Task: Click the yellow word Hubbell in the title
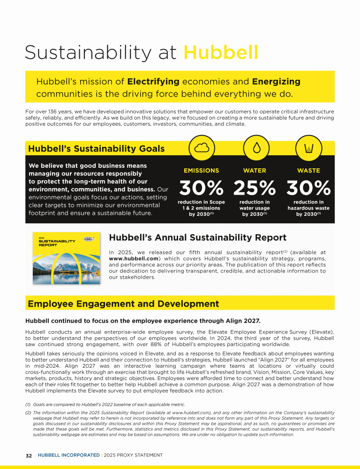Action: point(221,53)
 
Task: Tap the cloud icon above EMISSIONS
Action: point(202,148)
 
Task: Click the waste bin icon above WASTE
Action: point(309,148)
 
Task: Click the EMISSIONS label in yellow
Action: point(202,171)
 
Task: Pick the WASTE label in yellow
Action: point(308,171)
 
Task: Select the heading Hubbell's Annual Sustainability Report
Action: point(197,238)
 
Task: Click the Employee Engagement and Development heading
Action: point(123,304)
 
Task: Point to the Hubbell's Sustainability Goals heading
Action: point(97,149)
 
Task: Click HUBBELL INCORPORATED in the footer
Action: point(68,455)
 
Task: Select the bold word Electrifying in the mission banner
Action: point(153,82)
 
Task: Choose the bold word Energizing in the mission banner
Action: point(276,82)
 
